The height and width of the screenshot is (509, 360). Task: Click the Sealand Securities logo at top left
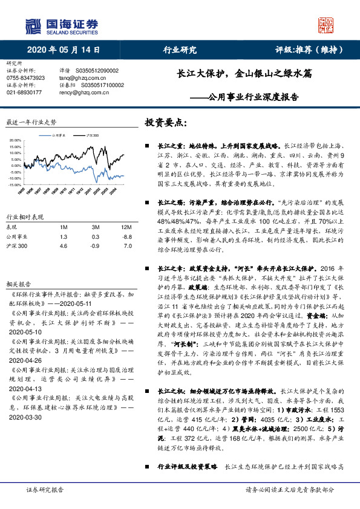[61, 25]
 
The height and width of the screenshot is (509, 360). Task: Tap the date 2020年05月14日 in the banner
[63, 50]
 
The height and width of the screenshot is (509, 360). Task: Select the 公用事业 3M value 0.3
[95, 238]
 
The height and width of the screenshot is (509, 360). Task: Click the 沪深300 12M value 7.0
[127, 247]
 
